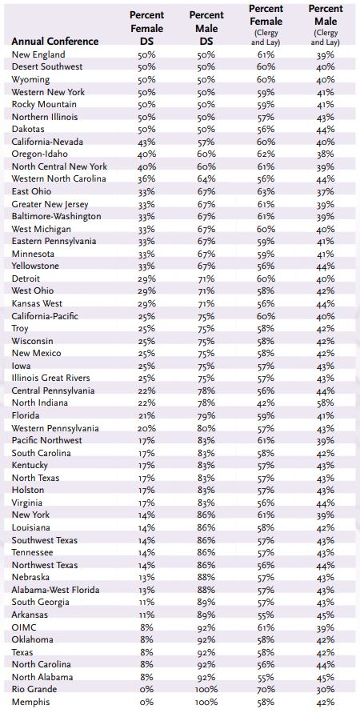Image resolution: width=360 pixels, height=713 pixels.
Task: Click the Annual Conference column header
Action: coord(55,42)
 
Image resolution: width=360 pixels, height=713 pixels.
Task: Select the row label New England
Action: coord(38,54)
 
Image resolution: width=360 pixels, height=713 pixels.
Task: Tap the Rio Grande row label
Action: coord(34,689)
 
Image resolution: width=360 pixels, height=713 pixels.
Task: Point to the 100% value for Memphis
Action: coord(206,702)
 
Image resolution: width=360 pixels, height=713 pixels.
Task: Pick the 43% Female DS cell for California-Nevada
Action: coord(146,142)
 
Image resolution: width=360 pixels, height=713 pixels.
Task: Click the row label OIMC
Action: coord(24,627)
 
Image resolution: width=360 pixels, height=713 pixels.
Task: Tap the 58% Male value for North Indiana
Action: coord(326,403)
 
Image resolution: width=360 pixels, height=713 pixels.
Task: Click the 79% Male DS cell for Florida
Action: coord(206,415)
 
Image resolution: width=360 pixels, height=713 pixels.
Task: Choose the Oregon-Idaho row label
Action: coord(39,154)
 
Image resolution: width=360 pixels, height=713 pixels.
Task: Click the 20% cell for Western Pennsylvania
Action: coord(146,428)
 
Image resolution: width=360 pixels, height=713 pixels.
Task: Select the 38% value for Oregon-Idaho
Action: coord(326,154)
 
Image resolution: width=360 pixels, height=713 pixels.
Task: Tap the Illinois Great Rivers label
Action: coord(51,378)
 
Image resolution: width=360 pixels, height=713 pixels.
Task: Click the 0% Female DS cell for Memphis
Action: coord(146,702)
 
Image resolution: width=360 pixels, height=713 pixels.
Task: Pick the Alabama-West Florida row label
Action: coord(55,591)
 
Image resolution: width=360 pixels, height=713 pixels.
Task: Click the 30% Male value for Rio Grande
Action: coord(326,689)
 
